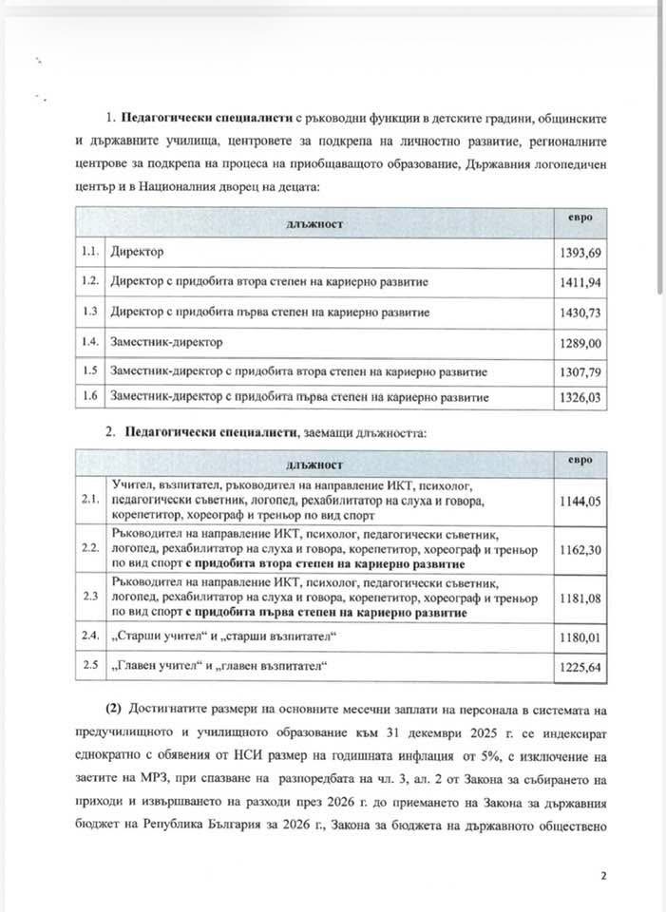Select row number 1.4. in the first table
91,340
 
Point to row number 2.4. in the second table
91,635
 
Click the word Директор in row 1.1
137,254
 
